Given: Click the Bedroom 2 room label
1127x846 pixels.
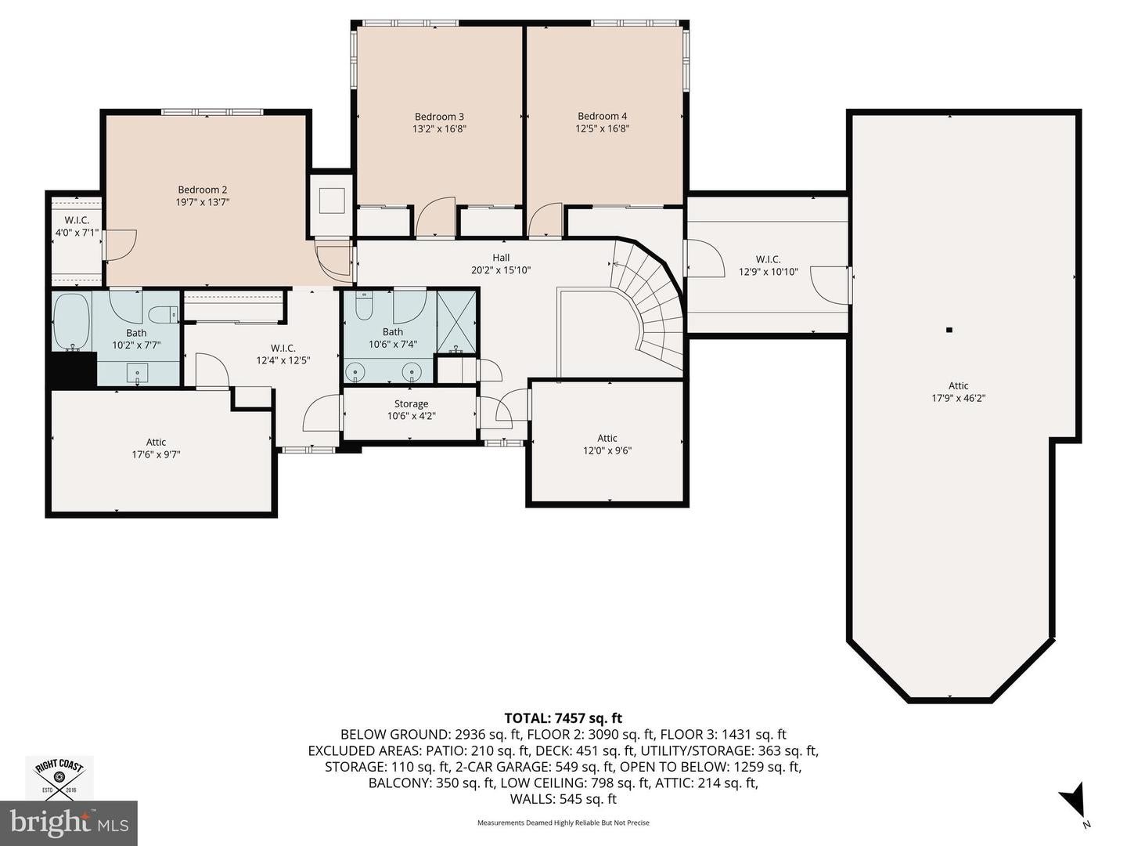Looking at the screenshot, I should [202, 190].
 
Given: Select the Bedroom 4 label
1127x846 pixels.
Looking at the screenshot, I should [602, 117].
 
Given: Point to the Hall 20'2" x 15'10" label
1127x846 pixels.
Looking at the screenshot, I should [501, 264].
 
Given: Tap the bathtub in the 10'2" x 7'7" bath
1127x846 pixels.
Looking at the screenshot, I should [71, 322].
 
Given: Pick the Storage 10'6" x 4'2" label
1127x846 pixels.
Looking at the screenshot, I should [411, 410].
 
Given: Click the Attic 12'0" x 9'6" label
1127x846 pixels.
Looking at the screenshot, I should [607, 444].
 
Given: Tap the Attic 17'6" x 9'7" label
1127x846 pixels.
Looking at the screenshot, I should [156, 448].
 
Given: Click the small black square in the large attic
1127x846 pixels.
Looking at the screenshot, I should [949, 330].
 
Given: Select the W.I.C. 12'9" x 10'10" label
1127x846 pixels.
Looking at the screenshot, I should [768, 266].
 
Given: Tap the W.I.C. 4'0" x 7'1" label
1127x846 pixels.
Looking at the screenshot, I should [77, 226].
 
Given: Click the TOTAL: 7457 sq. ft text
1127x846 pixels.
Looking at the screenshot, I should [563, 718].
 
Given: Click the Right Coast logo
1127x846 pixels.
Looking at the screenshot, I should [59, 777].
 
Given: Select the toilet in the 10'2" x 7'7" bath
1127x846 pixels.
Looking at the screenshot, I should [162, 314].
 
